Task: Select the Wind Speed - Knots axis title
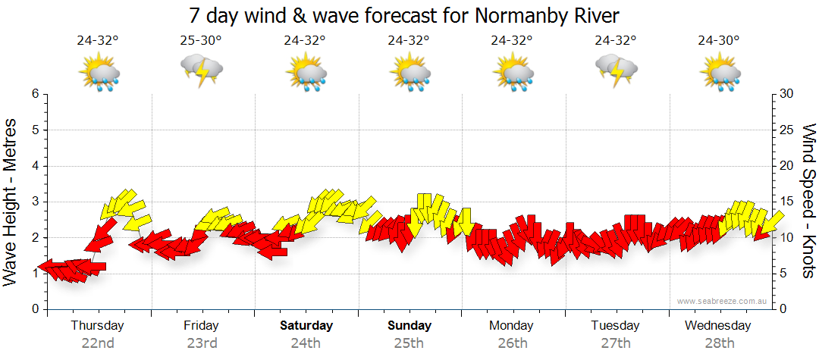click(808, 201)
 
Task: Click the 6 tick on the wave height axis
click(33, 94)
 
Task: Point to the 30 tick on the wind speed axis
click(787, 94)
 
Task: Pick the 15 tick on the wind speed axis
click(787, 202)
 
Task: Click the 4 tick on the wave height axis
click(33, 166)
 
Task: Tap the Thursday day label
click(97, 326)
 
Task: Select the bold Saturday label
click(306, 326)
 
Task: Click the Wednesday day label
click(717, 326)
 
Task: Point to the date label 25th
click(409, 343)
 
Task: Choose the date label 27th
click(616, 343)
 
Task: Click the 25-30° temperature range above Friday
click(201, 41)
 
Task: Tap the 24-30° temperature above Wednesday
click(719, 41)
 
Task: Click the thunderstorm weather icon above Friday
click(201, 72)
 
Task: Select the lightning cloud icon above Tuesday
click(616, 72)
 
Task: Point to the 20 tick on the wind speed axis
click(787, 166)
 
